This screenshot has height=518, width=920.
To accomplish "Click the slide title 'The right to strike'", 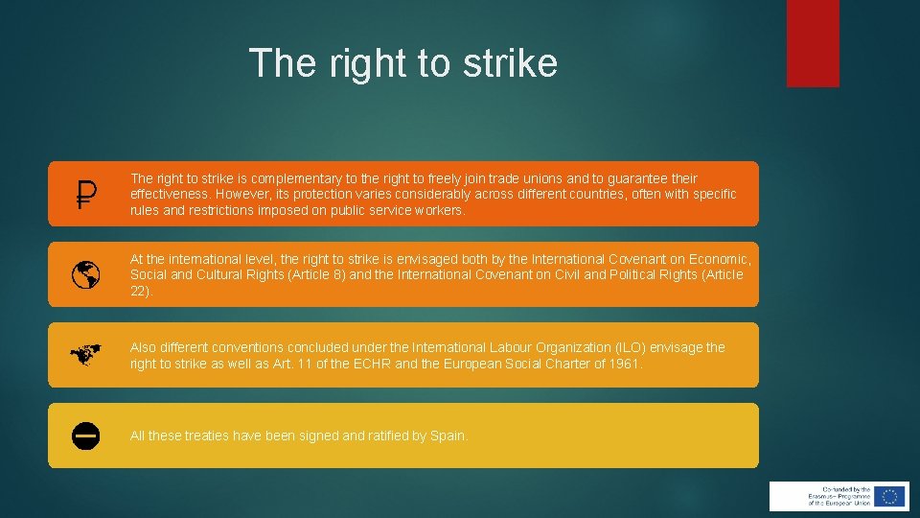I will (402, 63).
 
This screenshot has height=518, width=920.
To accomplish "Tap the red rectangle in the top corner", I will (813, 42).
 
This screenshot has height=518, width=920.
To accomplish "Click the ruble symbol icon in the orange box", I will (86, 195).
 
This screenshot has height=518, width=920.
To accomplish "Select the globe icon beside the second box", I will (86, 275).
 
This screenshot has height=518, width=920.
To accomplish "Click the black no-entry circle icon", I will (86, 436).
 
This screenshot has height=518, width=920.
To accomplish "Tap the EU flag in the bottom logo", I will (890, 496).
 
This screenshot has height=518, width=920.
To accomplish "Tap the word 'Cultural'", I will (207, 274).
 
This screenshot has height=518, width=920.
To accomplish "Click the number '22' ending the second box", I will (139, 291).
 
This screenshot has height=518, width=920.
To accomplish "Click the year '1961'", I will (626, 364).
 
